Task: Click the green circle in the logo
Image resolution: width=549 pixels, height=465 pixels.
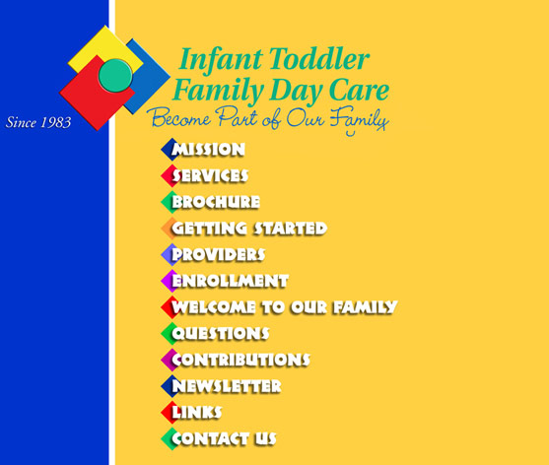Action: [x=115, y=76]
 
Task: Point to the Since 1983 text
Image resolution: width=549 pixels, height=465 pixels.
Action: [x=38, y=122]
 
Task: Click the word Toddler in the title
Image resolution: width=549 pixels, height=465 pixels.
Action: [x=319, y=59]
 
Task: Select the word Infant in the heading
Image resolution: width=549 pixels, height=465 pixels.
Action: [x=221, y=60]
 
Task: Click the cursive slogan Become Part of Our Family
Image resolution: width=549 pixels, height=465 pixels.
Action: [x=268, y=119]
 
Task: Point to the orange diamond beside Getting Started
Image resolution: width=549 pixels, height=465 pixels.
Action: [x=169, y=229]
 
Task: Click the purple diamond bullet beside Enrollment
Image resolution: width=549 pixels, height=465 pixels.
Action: [x=169, y=281]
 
